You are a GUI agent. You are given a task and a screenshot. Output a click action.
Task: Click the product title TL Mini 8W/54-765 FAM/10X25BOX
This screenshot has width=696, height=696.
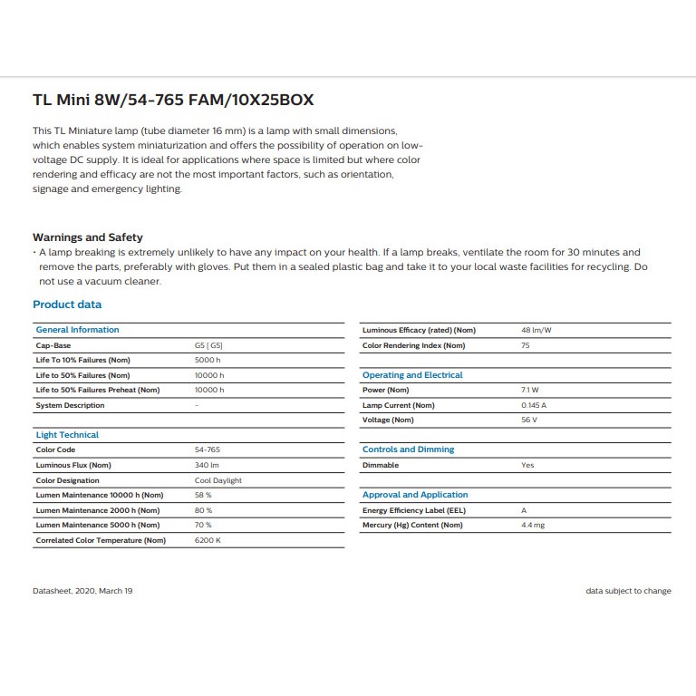[173, 101]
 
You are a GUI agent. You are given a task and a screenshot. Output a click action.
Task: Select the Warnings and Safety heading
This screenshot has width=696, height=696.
[88, 237]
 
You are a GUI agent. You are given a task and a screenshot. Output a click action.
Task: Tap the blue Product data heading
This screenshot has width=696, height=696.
[67, 304]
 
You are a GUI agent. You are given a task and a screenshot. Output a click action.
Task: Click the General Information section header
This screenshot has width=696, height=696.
[77, 330]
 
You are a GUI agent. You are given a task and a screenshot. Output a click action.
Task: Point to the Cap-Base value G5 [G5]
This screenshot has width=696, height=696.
[208, 345]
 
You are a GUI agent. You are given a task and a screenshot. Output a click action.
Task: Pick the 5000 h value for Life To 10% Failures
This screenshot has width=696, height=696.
[208, 360]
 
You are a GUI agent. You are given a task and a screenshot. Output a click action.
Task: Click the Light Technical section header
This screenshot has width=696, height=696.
[67, 435]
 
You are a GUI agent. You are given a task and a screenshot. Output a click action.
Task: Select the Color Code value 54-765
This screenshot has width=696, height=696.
[208, 449]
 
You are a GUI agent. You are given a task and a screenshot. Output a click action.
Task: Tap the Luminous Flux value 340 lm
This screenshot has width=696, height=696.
[208, 465]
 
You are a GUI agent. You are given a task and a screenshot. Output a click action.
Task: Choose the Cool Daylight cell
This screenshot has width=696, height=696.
[218, 480]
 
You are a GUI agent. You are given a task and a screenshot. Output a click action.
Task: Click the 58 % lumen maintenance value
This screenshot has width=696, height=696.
[203, 495]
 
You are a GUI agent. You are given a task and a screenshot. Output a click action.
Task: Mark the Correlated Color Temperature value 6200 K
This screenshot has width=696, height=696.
[208, 540]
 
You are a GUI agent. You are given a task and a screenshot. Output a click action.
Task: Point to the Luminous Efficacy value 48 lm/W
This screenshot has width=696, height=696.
[535, 330]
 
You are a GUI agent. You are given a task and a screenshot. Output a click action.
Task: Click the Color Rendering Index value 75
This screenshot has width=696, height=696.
[526, 345]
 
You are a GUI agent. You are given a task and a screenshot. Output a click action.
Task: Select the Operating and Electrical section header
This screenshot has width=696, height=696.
[412, 375]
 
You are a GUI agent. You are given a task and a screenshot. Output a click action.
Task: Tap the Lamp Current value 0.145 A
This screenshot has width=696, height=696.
[534, 405]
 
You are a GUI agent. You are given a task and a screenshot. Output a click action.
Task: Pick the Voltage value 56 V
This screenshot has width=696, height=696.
[529, 420]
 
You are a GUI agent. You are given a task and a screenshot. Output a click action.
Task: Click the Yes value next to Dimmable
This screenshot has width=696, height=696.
[527, 465]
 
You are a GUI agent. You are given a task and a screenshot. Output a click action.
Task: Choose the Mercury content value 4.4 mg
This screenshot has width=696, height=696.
[533, 525]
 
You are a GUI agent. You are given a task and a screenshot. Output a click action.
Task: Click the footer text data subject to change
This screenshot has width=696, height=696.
[628, 591]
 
